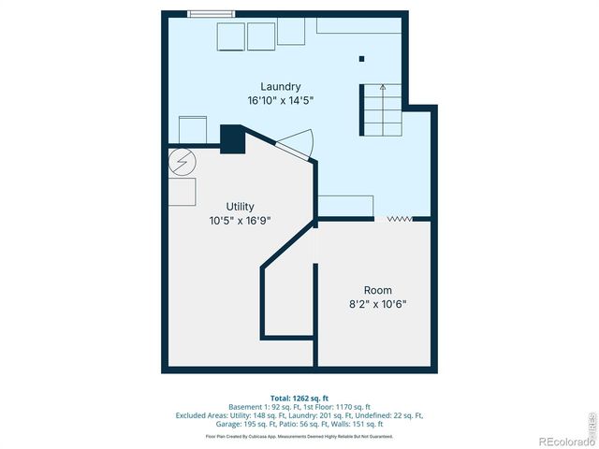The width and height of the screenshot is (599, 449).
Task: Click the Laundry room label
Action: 280,87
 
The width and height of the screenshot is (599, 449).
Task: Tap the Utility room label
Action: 240,207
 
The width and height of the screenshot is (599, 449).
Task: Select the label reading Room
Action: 378,290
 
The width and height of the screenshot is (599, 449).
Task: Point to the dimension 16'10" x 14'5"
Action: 280,100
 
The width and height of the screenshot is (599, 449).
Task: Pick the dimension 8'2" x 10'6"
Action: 378,304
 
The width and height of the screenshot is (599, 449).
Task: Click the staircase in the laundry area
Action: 381,109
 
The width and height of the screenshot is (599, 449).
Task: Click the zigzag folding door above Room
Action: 400,218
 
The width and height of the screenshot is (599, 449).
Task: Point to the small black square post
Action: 360,58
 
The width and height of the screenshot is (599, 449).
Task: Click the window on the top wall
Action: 208,13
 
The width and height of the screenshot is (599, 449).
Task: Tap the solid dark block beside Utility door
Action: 231,138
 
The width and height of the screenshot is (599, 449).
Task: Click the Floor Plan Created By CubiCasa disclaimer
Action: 299,436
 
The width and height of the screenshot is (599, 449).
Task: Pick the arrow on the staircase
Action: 382,90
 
